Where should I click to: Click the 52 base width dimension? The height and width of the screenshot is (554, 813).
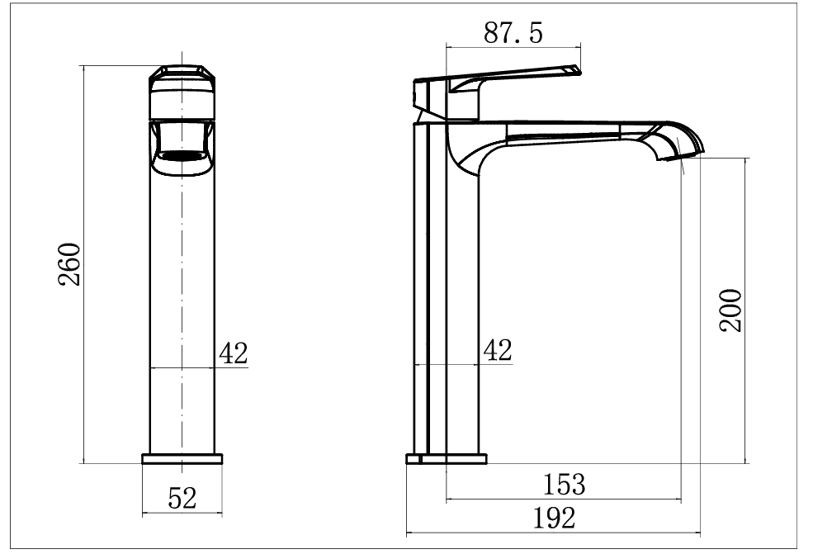pos(182,498)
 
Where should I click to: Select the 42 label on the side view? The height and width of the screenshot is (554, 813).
pos(497,350)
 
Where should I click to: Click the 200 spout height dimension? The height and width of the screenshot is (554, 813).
pos(731,310)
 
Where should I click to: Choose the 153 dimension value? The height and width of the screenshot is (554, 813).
pos(565,485)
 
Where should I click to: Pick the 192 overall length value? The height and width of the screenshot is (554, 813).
pos(554,518)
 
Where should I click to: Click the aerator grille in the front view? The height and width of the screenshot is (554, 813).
pos(182,154)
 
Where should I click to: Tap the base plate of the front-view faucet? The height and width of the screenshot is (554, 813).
pos(182,458)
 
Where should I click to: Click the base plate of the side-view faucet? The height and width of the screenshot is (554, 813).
pos(447,458)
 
